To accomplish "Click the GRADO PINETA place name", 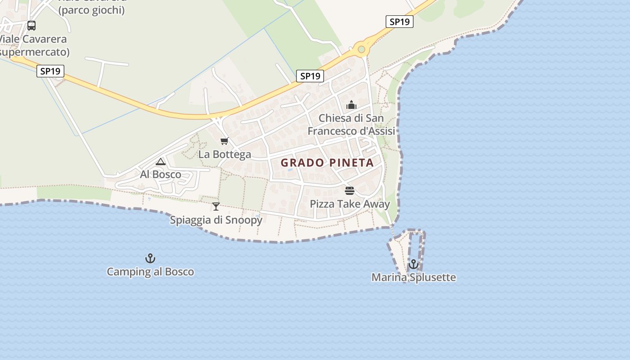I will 327,162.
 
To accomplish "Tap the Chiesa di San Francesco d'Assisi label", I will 351,125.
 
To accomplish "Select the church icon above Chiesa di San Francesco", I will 351,105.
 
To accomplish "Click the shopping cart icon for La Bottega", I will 225,141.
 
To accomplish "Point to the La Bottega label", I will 225,154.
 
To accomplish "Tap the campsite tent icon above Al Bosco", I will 161,162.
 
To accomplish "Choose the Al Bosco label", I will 161,174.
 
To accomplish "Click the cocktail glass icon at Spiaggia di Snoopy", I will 216,207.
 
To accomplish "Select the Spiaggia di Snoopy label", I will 216,220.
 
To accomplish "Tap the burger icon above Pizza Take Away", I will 350,190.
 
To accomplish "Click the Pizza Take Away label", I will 350,204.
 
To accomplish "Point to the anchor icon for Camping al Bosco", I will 150,258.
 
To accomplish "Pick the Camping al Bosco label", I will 150,271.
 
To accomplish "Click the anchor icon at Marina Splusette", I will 414,264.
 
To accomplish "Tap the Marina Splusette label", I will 414,277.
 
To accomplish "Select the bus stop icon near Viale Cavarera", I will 31,26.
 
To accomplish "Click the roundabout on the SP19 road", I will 361,49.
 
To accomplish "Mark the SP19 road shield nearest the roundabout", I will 399,22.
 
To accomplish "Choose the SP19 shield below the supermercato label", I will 50,71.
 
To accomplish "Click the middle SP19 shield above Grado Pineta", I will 310,76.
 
